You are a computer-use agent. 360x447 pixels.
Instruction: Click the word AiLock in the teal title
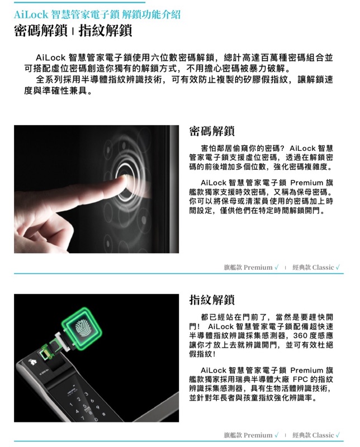click(x=31, y=15)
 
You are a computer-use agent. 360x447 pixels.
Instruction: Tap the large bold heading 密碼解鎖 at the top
click(x=40, y=31)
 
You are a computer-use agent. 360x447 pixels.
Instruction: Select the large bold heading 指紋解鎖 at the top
click(x=105, y=31)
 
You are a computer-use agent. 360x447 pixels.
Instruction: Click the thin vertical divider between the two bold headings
click(x=73, y=31)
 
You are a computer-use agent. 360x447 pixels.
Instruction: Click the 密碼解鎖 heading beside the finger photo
click(x=212, y=131)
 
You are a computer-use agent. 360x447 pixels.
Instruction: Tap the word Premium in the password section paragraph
click(x=307, y=183)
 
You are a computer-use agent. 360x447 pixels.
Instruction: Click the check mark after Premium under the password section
click(x=276, y=267)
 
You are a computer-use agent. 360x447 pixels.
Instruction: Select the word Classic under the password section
click(x=323, y=268)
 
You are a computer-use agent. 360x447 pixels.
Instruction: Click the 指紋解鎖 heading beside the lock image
click(x=212, y=299)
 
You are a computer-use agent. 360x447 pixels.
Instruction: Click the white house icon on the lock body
click(x=32, y=362)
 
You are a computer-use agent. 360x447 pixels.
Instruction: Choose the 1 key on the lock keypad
click(x=72, y=403)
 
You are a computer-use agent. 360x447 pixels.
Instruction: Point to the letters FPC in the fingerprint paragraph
click(x=300, y=379)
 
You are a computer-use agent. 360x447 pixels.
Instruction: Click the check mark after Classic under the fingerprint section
click(x=338, y=435)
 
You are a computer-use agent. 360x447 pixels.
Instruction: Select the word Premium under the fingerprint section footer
click(x=258, y=435)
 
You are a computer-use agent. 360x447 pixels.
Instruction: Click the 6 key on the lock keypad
click(x=92, y=401)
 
